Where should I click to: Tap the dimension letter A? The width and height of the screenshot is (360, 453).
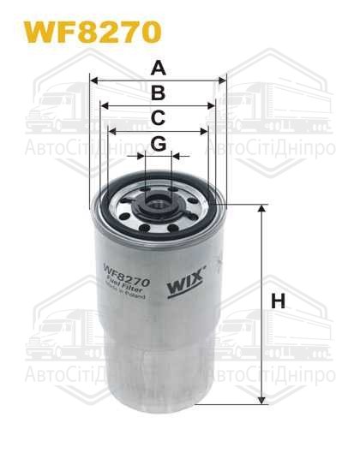tap(159, 67)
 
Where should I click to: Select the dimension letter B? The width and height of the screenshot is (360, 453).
tap(159, 92)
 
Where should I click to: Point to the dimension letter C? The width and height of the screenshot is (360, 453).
tap(159, 117)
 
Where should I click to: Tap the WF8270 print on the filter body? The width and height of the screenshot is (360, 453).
tap(127, 277)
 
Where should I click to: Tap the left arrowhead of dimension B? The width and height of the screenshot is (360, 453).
tap(104, 105)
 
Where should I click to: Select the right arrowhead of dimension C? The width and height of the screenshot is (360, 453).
tap(205, 130)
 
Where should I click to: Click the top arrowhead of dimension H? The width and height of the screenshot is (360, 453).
tap(260, 209)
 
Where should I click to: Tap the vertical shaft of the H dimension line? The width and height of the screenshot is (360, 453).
tap(260, 343)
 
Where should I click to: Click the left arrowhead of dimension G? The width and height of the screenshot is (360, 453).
tap(142, 156)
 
